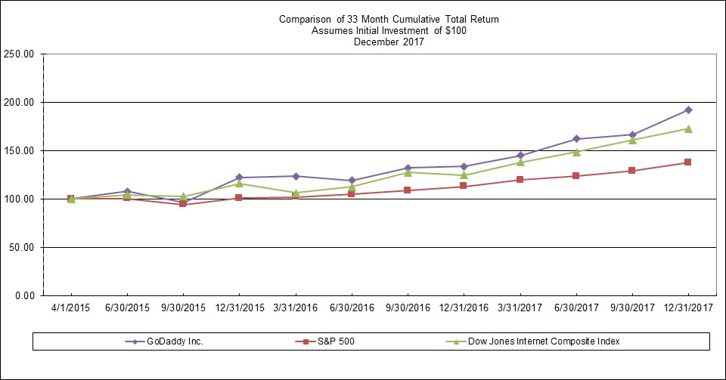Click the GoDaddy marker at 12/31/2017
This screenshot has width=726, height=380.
point(688,110)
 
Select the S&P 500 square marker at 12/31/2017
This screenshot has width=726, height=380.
point(688,162)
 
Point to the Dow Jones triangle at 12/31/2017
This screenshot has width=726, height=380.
point(688,128)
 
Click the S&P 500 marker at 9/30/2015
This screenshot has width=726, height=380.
point(183,204)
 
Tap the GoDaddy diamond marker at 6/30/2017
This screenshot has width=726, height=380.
point(576,139)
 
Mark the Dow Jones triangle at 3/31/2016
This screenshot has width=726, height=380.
point(296,193)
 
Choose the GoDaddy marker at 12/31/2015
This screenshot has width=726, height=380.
point(240,178)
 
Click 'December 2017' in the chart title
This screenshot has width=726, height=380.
point(389,42)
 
